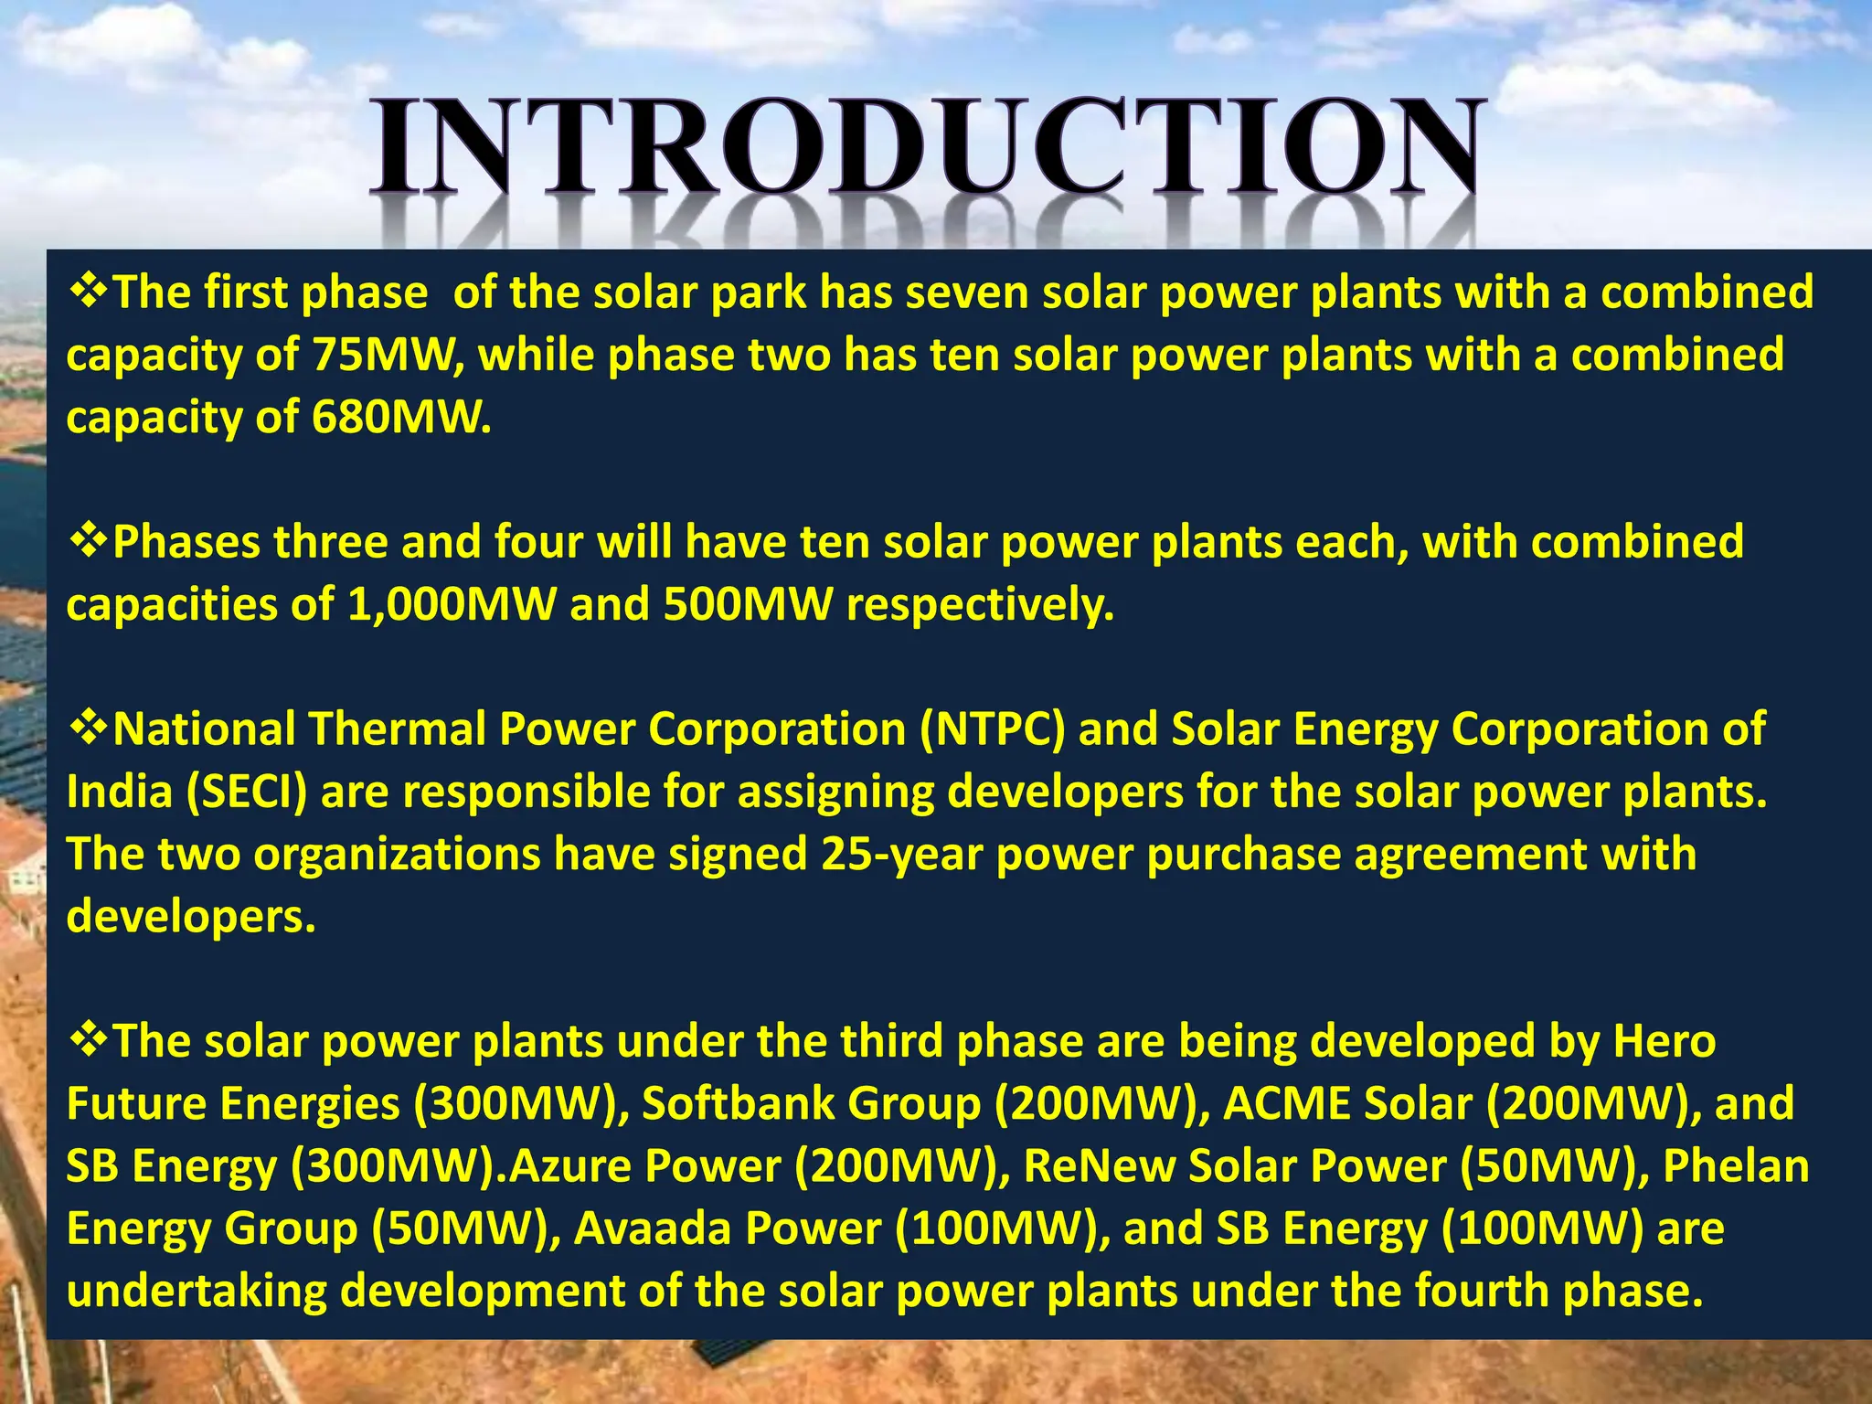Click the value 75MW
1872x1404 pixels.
point(383,355)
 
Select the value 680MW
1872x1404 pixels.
point(400,418)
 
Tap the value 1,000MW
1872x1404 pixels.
point(452,605)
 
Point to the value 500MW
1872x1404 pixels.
point(748,605)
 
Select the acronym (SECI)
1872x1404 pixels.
point(246,792)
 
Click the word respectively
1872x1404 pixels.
point(980,605)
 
